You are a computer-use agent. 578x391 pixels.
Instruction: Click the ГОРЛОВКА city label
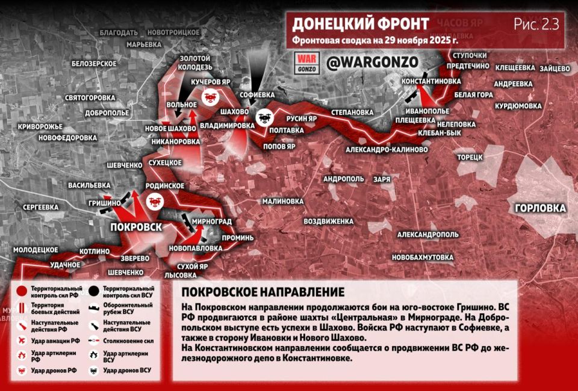pos(540,208)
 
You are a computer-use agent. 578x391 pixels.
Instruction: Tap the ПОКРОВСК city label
pos(135,227)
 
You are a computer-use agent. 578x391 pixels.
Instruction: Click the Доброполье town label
pos(107,112)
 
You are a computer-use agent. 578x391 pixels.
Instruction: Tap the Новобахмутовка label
pos(422,257)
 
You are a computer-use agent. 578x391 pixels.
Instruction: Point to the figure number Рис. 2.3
pos(536,24)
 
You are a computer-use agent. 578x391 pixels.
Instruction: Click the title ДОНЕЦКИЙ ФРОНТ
pos(360,24)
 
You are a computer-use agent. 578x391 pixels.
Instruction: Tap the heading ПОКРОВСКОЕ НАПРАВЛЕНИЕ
pos(263,292)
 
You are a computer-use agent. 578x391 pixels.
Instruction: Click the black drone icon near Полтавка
pos(263,118)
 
